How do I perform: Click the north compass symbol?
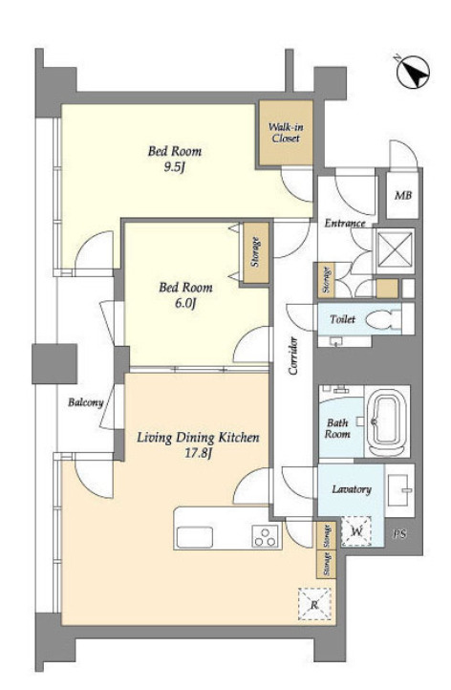pos(413,72)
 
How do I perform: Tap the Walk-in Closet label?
pos(286,133)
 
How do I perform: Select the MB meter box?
pos(402,194)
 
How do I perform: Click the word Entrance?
pos(345,224)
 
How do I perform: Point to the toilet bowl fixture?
pos(383,320)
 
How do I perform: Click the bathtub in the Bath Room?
pos(387,421)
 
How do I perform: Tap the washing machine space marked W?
pos(356,531)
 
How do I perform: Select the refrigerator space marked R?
pos(314,604)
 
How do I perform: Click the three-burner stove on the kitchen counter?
pos(265,536)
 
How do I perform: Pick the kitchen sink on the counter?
pos(195,537)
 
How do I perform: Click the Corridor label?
pos(293,356)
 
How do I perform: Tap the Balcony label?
pos(85,402)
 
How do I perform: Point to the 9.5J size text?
pos(175,167)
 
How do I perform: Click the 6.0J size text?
pos(185,303)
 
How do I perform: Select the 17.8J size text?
pos(198,453)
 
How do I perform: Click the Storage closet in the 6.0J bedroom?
pos(256,252)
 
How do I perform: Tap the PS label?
pos(399,534)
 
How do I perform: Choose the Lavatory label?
pos(352,489)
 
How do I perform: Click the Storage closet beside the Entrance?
pos(327,280)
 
